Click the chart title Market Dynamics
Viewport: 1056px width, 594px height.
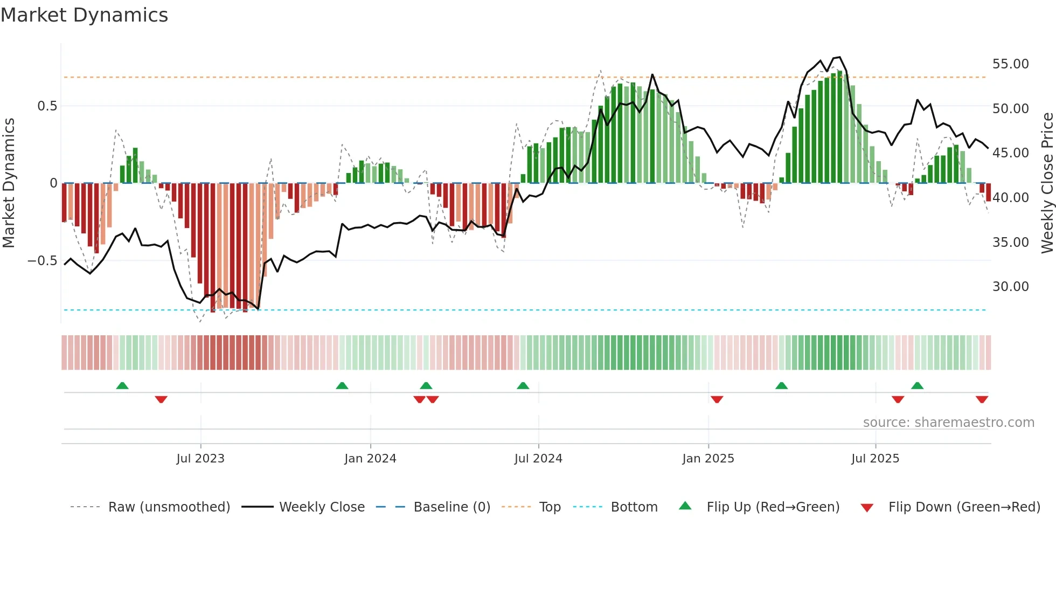click(x=84, y=15)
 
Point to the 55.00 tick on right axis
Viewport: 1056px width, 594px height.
click(x=1010, y=64)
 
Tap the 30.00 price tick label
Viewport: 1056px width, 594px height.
click(x=1010, y=287)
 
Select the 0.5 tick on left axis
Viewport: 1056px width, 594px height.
click(x=47, y=106)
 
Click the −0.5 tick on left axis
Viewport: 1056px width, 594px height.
click(x=42, y=261)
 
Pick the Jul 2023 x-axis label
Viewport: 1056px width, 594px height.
click(x=200, y=459)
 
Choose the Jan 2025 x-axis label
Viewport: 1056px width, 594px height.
click(x=707, y=459)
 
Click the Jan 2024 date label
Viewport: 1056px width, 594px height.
click(x=370, y=459)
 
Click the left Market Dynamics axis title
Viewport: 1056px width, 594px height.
click(x=9, y=183)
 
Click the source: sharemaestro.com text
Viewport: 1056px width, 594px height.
click(x=948, y=423)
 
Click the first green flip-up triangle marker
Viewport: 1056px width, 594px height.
click(x=122, y=385)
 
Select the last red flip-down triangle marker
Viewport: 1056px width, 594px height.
click(x=982, y=399)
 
